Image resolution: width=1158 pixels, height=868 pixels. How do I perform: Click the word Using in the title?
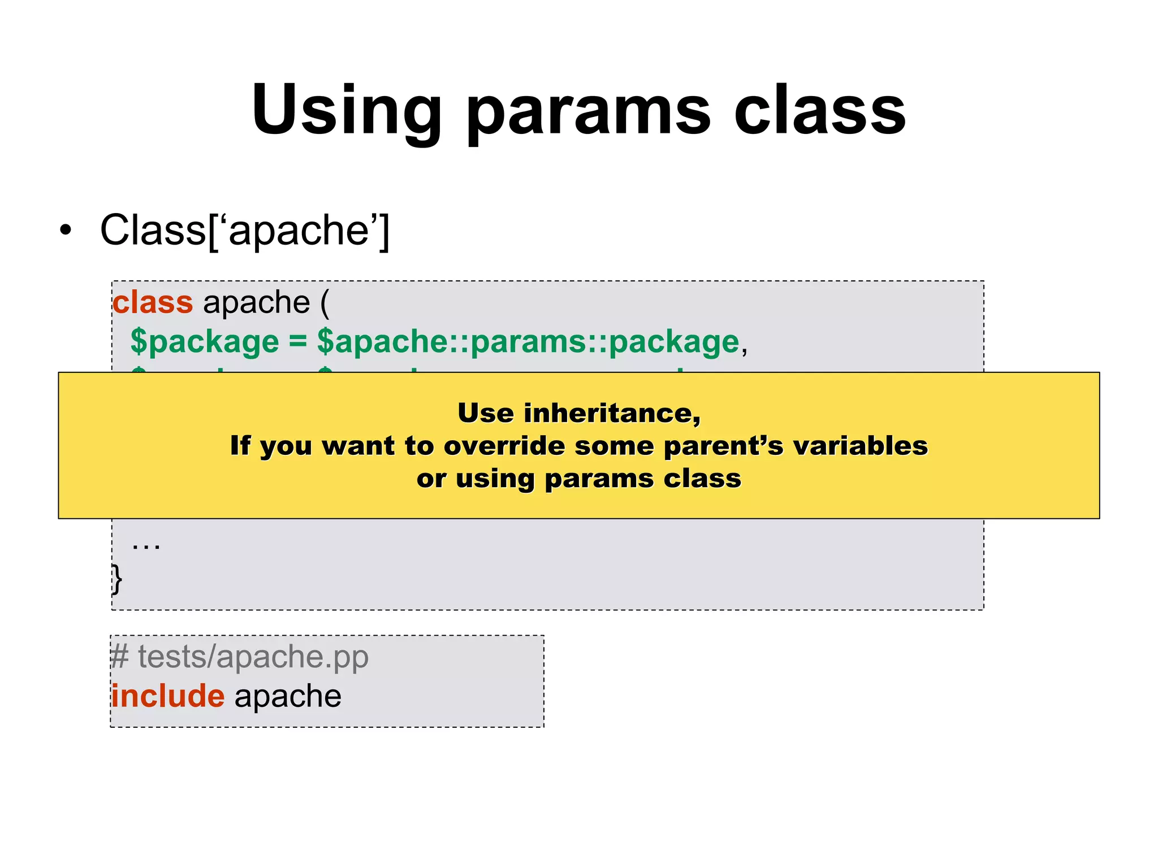point(346,111)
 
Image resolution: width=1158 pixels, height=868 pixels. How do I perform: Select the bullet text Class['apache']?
point(244,231)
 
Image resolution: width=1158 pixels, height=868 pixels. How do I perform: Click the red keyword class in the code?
point(153,302)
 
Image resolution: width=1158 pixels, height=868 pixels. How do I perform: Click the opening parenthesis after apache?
point(325,303)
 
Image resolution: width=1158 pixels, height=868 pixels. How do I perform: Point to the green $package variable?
point(205,342)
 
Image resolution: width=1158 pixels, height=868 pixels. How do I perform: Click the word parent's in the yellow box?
point(723,446)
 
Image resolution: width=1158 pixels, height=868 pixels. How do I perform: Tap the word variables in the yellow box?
point(860,446)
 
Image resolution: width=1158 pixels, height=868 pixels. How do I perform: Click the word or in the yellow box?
point(431,479)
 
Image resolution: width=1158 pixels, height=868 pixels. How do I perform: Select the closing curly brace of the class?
point(116,579)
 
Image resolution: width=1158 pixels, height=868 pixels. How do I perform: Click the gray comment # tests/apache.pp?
point(240,657)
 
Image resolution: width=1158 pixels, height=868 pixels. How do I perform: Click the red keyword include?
point(168,696)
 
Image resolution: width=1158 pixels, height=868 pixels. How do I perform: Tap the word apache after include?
point(288,696)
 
